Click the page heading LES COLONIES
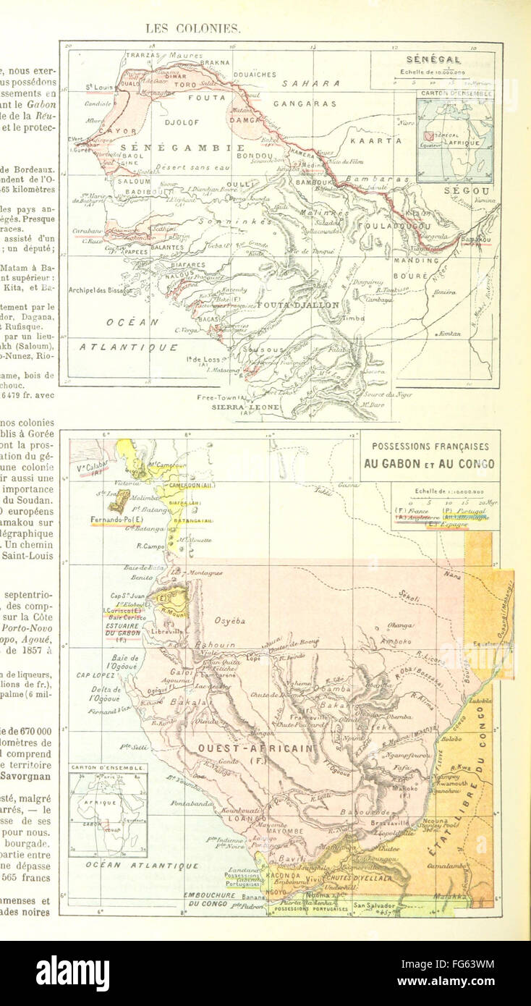pyautogui.click(x=192, y=29)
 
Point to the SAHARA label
pyautogui.click(x=311, y=83)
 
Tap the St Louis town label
pyautogui.click(x=98, y=87)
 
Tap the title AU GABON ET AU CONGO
pyautogui.click(x=429, y=464)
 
